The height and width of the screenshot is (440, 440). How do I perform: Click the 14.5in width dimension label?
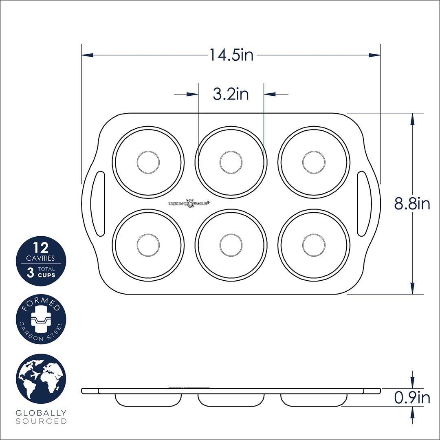pyautogui.click(x=231, y=55)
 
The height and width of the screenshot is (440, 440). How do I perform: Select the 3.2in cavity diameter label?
pyautogui.click(x=231, y=94)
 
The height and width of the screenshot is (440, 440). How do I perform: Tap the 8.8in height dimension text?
pyautogui.click(x=412, y=203)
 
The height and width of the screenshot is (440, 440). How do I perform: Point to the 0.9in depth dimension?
pyautogui.click(x=412, y=398)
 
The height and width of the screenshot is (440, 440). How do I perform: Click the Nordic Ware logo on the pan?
pyautogui.click(x=189, y=202)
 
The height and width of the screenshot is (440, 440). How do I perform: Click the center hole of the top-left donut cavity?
pyautogui.click(x=148, y=162)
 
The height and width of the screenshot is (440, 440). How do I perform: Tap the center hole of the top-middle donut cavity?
pyautogui.click(x=231, y=162)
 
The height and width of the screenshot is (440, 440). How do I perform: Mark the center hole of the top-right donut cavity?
pyautogui.click(x=314, y=162)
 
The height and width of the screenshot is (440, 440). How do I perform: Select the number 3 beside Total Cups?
pyautogui.click(x=30, y=272)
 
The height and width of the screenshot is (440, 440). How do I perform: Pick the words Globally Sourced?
pyautogui.click(x=41, y=417)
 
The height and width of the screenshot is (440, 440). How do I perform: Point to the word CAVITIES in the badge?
pyautogui.click(x=41, y=258)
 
